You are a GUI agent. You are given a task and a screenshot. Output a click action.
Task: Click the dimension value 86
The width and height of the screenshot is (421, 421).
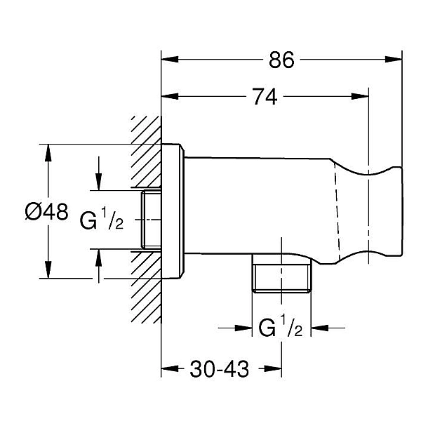point(281,60)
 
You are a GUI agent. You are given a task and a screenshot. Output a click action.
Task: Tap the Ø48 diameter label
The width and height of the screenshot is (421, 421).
point(46,211)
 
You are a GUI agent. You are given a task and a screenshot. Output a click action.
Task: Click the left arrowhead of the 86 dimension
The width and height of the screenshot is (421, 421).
point(167,60)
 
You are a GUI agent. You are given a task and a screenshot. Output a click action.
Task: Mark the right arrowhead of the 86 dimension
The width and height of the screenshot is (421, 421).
point(396,60)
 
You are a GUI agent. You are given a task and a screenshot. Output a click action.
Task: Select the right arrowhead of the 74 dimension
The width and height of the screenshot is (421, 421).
point(363,98)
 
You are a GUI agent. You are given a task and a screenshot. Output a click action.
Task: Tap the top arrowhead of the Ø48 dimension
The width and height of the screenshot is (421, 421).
point(47,149)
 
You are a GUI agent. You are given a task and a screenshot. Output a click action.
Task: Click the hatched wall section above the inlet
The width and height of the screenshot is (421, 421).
point(145,151)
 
